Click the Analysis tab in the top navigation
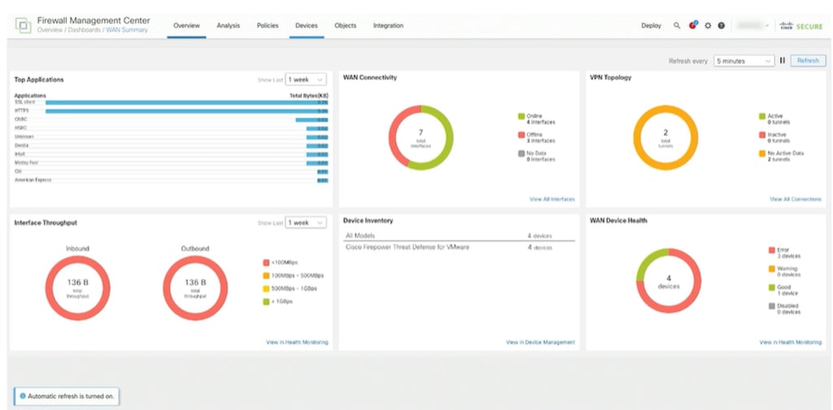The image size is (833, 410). tap(228, 26)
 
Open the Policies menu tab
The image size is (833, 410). tap(268, 26)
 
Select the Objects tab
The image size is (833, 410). tap(345, 26)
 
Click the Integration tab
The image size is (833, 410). tap(388, 26)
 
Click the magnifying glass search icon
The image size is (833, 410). tap(677, 26)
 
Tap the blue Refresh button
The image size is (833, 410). tap(808, 61)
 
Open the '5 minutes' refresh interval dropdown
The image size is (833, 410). tap(744, 61)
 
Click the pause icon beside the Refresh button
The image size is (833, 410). tap(783, 61)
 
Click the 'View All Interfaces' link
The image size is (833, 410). tap(552, 199)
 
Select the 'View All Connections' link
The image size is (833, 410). tap(796, 199)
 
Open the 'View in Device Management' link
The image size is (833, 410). tap(540, 342)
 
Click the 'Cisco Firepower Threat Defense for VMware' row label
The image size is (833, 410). tap(407, 246)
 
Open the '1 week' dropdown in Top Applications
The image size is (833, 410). tap(305, 80)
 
